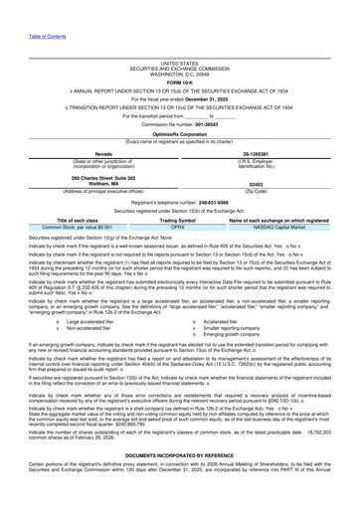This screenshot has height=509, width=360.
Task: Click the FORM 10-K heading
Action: (179, 54)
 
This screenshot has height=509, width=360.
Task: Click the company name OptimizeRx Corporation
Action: (179, 103)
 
